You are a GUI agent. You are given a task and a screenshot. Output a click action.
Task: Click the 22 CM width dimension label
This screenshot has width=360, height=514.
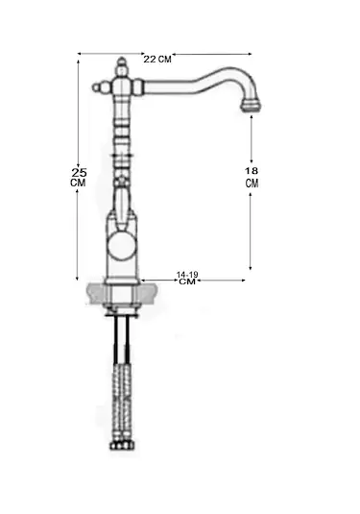157,60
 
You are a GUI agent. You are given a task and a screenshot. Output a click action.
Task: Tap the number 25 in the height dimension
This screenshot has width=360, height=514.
79,172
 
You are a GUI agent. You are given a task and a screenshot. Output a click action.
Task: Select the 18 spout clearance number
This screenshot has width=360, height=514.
252,171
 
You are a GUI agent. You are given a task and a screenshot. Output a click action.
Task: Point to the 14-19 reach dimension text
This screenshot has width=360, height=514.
187,275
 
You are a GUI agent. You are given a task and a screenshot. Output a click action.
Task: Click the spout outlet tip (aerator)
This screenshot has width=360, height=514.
252,107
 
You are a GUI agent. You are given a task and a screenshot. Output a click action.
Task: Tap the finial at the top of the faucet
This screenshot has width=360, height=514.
122,66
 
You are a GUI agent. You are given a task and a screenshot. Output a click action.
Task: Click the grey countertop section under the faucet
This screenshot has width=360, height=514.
123,293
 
